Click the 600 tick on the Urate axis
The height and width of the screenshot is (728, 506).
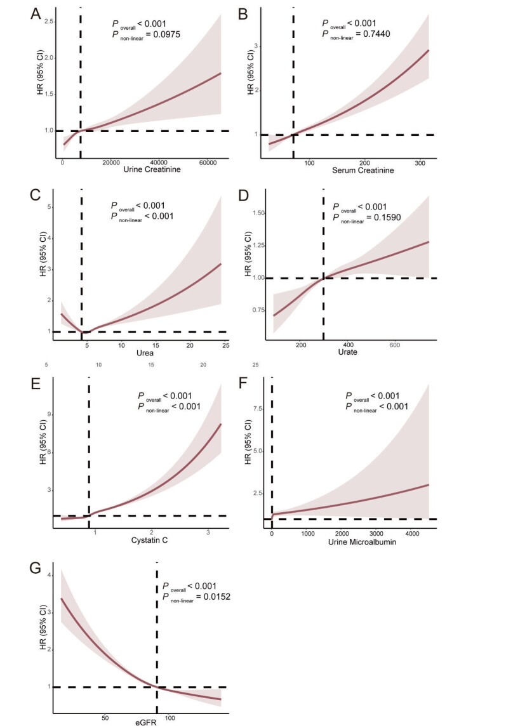[394, 344]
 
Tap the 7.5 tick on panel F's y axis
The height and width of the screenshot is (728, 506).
[257, 409]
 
